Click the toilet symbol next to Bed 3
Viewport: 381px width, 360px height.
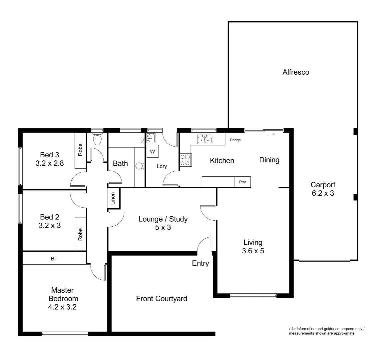point(97,139)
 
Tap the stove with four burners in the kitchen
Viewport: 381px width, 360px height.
point(186,160)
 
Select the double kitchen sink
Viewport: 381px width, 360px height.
point(204,140)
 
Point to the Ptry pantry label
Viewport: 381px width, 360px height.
point(242,182)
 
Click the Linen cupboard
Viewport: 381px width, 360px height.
point(113,199)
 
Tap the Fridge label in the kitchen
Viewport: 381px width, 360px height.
point(235,140)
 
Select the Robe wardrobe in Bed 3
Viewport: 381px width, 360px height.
point(80,150)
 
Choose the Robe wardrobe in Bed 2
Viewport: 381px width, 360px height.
point(80,234)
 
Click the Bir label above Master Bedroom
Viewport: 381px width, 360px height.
point(54,258)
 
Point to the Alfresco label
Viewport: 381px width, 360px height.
point(296,72)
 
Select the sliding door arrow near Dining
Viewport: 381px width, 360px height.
point(272,134)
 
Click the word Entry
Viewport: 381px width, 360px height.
point(200,263)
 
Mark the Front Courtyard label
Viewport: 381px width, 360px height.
point(162,299)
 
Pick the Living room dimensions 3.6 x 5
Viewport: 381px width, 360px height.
point(253,251)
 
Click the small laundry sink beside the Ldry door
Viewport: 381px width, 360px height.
point(151,137)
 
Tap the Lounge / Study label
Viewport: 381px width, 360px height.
point(163,219)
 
